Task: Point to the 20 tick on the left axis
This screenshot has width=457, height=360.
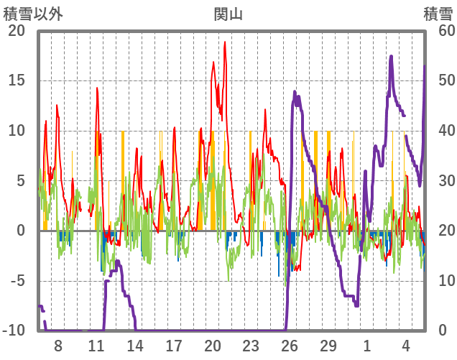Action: pos(17,31)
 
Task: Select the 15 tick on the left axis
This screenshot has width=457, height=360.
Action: pos(17,80)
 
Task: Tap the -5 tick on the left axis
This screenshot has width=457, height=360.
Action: pos(17,281)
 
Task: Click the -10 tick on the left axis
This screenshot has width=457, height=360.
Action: pos(14,331)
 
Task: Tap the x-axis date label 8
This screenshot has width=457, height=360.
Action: pos(58,346)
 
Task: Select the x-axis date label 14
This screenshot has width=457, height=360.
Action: pos(135,346)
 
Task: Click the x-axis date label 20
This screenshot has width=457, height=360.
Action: pos(212,346)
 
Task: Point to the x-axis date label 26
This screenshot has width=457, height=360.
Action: pos(290,346)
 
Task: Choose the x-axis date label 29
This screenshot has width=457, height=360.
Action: pos(328,346)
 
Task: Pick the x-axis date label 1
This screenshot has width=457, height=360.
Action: pos(367,346)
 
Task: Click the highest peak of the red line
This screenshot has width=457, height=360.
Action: pos(225,42)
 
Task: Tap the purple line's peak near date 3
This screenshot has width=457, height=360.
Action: pos(391,56)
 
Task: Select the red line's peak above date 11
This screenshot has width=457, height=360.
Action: pos(97,88)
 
